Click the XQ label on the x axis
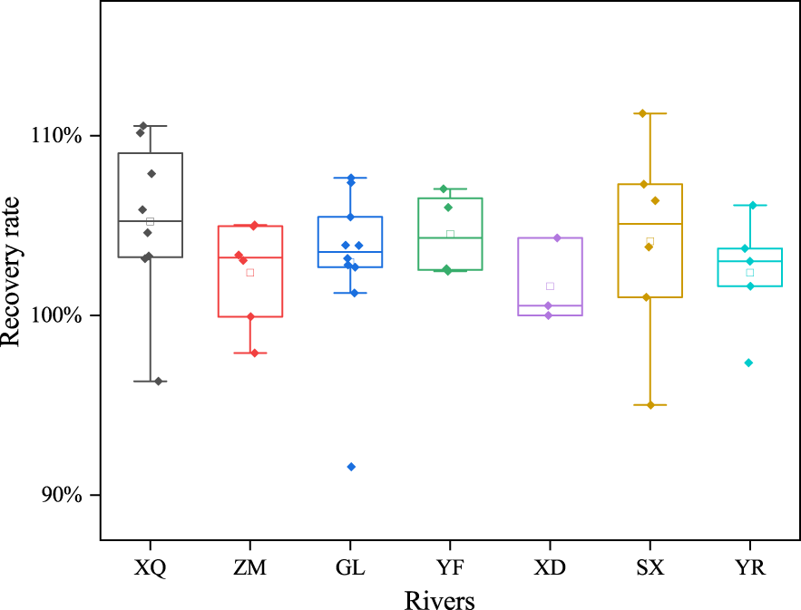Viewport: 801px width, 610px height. pos(151,568)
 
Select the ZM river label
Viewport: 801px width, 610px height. pos(250,568)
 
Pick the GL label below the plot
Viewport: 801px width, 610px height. pos(350,568)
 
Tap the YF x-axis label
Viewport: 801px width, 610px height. pos(450,568)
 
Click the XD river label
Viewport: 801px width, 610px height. pos(550,568)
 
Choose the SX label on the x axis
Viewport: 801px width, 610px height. pos(650,568)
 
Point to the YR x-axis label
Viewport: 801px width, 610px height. pos(749,568)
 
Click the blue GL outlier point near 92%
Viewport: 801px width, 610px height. pos(351,467)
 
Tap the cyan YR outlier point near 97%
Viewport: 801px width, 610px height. pos(748,363)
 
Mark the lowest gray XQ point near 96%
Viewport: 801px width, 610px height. pos(158,382)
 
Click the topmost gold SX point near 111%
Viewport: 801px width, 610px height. pos(642,113)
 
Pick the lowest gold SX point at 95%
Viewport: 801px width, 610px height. pos(650,405)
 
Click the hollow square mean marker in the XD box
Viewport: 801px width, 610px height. pos(550,286)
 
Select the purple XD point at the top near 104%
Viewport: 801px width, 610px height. pos(557,237)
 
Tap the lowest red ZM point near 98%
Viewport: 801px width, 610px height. pos(254,353)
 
